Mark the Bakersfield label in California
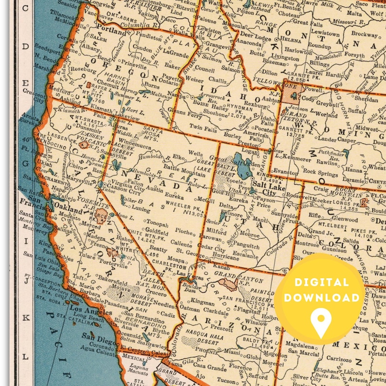pyautogui.click(x=115, y=282)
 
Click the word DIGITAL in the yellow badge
pyautogui.click(x=320, y=282)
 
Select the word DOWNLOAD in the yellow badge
pyautogui.click(x=320, y=298)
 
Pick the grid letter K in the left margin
pyautogui.click(x=25, y=316)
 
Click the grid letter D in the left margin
pyautogui.click(x=25, y=47)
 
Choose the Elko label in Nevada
pyautogui.click(x=179, y=157)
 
